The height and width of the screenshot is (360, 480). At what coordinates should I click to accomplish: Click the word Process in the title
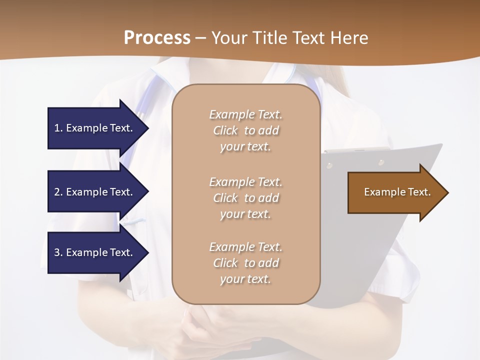(x=157, y=38)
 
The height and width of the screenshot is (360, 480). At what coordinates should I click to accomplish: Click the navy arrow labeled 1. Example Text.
(x=95, y=128)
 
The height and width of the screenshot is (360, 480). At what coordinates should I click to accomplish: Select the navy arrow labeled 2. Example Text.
(x=95, y=192)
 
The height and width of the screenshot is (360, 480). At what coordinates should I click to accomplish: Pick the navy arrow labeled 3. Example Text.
(x=95, y=252)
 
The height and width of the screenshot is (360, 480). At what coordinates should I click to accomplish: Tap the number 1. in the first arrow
(x=58, y=128)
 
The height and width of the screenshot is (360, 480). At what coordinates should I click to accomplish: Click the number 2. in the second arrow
(x=58, y=192)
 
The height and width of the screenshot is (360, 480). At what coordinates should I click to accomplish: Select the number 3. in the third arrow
(x=58, y=252)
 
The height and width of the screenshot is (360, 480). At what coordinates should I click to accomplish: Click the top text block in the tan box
(x=245, y=130)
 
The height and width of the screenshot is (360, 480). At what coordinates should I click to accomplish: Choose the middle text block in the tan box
(x=245, y=198)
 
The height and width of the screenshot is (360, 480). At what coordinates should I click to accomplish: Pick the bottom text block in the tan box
(x=245, y=263)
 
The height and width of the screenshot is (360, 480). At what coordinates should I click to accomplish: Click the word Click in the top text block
(x=225, y=131)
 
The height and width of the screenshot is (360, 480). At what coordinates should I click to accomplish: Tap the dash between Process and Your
(x=200, y=38)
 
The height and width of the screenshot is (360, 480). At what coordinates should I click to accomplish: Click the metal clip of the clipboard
(x=356, y=149)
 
